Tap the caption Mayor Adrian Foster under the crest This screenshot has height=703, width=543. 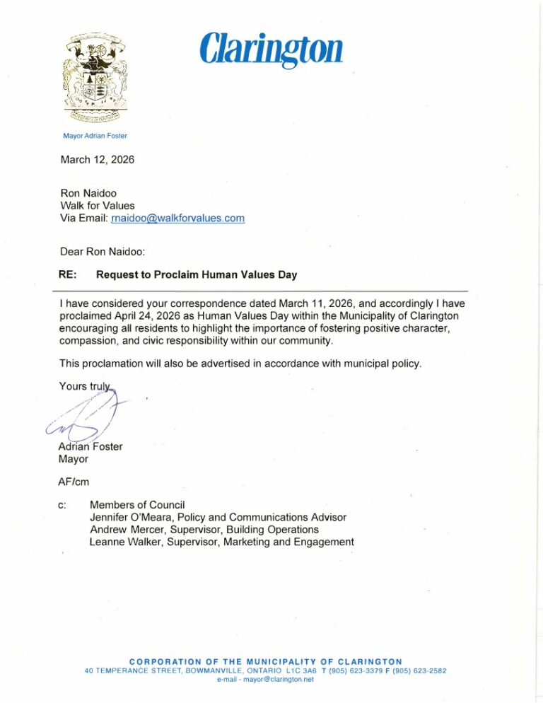[95, 135]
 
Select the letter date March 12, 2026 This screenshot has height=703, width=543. [98, 160]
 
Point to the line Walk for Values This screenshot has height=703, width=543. [98, 205]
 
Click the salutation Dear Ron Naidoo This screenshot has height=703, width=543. [103, 250]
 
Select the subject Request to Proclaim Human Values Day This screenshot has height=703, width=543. [197, 275]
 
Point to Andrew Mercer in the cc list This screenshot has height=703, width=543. [124, 529]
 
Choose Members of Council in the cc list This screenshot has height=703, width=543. [137, 504]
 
